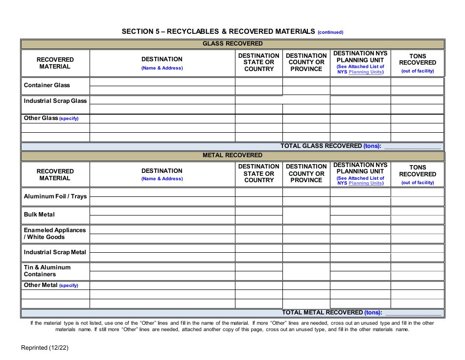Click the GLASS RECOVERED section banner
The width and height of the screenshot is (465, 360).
pos(232,44)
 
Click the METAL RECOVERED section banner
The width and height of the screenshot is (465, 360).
pos(232,155)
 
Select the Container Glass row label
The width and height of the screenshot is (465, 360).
pos(47,85)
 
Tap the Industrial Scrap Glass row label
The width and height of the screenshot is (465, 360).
pos(55,101)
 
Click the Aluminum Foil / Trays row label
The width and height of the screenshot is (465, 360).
pos(55,196)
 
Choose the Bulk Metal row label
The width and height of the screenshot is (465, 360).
pos(39,215)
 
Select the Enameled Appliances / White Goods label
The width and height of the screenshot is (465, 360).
pos(55,234)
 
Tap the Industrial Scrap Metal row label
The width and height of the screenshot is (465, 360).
pos(55,252)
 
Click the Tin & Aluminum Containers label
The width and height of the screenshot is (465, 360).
pos(47,271)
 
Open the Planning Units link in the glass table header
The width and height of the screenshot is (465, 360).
pos(365,72)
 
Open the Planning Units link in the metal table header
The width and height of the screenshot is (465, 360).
pos(365,183)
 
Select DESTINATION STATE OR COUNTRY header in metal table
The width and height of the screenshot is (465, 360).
pos(259,173)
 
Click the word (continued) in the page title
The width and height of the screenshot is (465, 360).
pos(330,32)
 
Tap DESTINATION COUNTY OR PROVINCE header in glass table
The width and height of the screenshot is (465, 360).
pos(306,62)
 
